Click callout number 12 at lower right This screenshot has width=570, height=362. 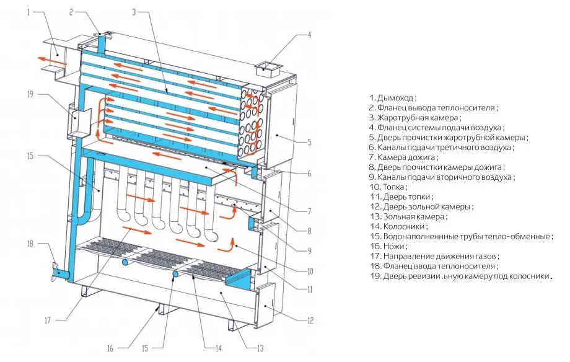click(310, 320)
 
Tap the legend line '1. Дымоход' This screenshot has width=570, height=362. click(393, 98)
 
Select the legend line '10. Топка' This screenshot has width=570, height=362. click(388, 187)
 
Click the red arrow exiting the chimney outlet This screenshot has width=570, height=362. click(45, 58)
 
